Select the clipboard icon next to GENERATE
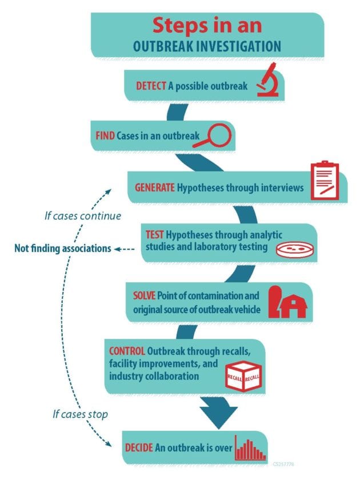324,181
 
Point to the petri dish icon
290,249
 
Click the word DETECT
151,86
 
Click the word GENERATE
154,187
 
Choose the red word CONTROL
127,350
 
